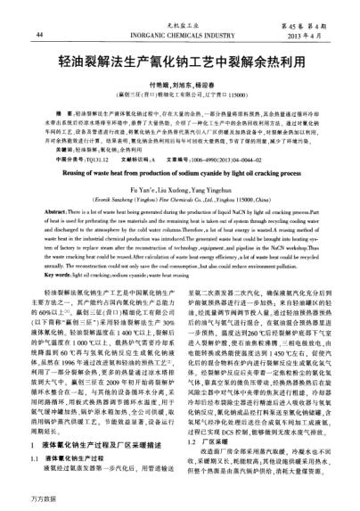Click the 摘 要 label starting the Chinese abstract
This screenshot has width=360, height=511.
[63, 119]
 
